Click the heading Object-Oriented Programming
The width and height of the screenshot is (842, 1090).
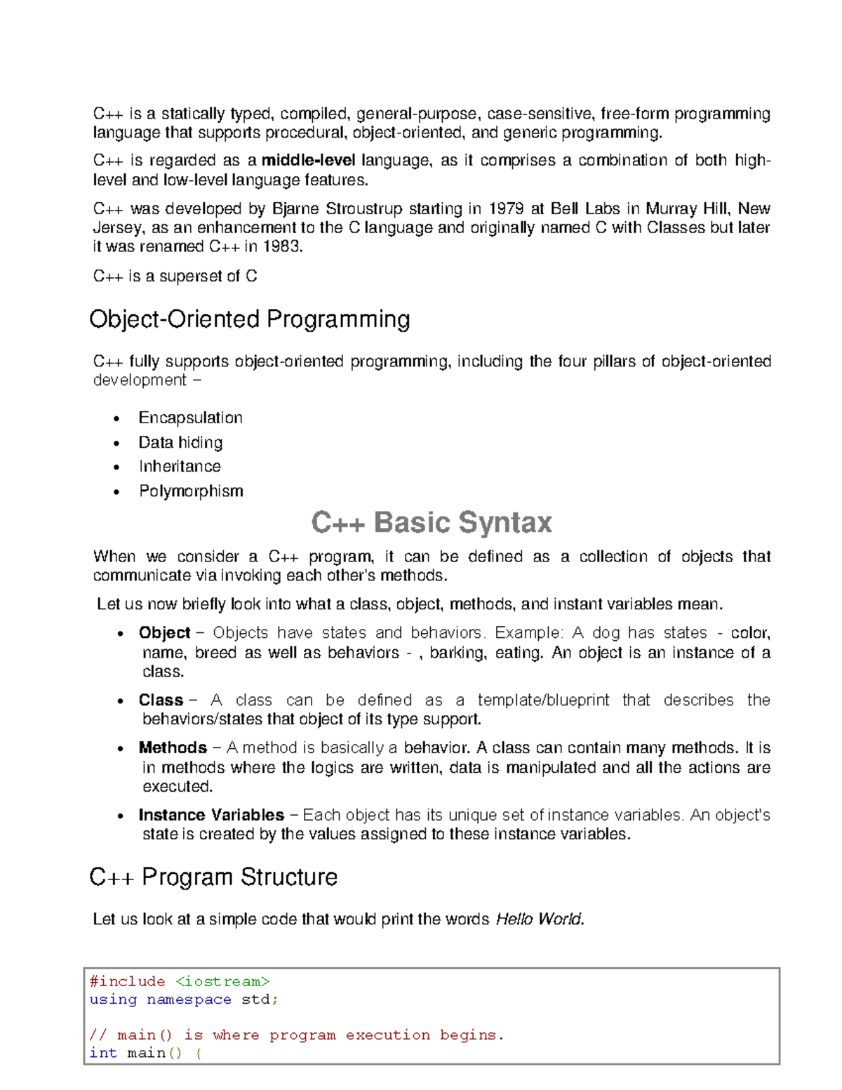pos(249,319)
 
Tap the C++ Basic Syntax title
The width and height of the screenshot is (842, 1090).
pos(431,523)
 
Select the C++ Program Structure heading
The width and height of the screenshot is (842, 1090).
pos(213,877)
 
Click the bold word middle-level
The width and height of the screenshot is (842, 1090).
pos(308,161)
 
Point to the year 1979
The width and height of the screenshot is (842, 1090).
pos(506,208)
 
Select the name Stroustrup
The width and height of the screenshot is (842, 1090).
pos(364,208)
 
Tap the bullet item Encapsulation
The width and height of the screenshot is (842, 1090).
pos(190,418)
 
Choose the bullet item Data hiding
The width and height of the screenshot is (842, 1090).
pos(180,442)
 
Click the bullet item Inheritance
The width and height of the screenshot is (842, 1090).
pos(180,467)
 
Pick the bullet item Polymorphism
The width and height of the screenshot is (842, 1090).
pos(191,491)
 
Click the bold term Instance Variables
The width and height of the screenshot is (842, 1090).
pos(211,815)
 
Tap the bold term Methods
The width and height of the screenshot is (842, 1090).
pos(173,747)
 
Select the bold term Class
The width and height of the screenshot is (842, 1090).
pos(161,700)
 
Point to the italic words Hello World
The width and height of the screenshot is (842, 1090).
pos(539,919)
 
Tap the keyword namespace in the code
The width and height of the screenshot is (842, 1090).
pos(189,999)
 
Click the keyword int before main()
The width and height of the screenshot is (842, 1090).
pos(103,1053)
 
